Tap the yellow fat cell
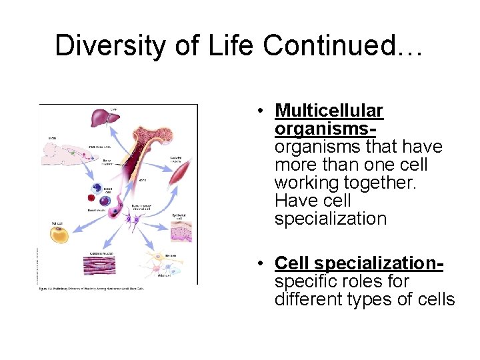point(61,234)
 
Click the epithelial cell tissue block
point(181,231)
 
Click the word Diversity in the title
point(100,45)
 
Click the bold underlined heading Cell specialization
point(358,263)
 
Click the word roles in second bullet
point(359,281)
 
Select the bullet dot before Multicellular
point(265,111)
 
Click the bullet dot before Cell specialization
point(265,264)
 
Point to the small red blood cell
point(91,198)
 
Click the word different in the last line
point(313,299)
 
